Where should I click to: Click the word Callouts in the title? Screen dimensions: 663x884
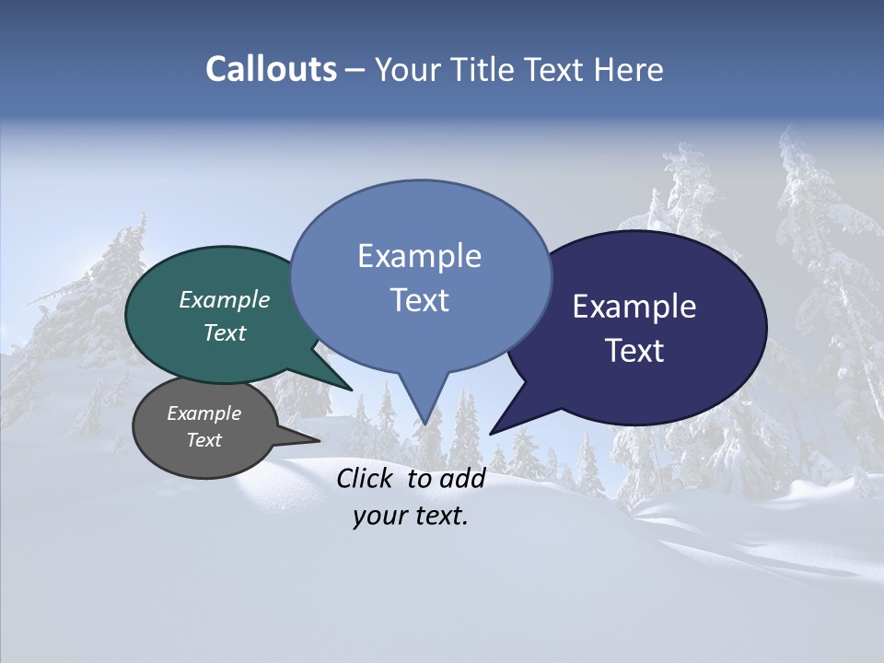point(271,69)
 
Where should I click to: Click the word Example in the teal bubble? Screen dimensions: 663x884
point(225,299)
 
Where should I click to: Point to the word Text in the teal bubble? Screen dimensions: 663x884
point(225,332)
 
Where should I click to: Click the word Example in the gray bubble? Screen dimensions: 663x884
point(204,413)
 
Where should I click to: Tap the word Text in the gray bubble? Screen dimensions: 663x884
point(204,440)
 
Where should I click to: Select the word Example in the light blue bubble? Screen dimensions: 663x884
point(419,256)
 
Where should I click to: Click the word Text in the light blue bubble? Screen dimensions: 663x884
point(419,300)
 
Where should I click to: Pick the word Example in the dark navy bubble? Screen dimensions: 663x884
point(634,307)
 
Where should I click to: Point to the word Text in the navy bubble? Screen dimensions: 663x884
point(634,351)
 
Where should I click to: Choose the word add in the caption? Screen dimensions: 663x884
point(462,478)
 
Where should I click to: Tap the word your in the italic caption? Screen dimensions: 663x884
point(379,517)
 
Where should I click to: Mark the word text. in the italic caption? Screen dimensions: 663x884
point(440,517)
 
